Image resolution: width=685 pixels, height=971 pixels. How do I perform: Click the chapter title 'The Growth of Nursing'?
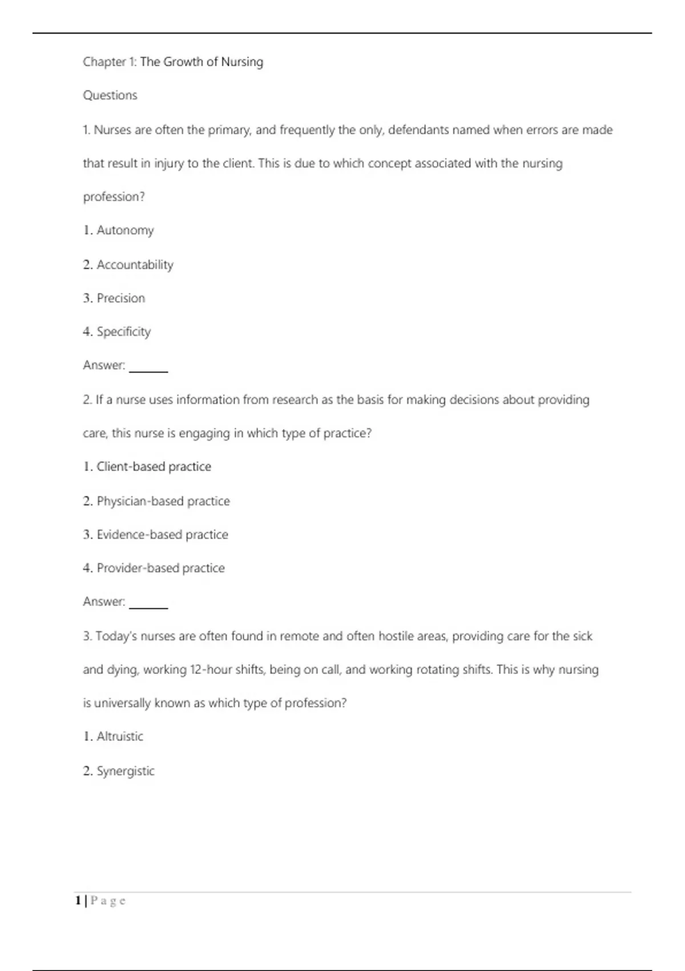pos(202,62)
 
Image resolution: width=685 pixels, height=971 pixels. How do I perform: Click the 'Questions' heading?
pos(110,95)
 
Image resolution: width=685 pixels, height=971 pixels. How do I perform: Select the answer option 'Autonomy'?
pos(125,230)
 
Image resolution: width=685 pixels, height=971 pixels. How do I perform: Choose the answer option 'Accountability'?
pos(135,264)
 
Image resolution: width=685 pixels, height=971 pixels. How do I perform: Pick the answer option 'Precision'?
pos(120,298)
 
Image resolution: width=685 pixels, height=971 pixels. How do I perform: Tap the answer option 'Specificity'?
pos(123,332)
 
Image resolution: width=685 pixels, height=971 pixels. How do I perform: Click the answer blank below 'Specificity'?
pos(148,368)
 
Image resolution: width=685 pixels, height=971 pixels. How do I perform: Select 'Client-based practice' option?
pos(154,467)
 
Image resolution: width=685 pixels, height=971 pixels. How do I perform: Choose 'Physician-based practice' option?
pos(163,501)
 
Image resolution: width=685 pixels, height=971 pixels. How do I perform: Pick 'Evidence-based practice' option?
pos(162,535)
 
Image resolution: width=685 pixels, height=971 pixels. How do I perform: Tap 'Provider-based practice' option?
pos(160,568)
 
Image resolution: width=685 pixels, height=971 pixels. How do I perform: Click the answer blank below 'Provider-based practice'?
pos(148,605)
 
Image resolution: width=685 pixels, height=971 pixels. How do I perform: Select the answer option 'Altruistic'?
pos(120,736)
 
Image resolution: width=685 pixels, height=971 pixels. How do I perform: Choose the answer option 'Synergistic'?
pos(126,771)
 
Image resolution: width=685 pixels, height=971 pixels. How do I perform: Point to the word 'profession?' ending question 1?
pos(114,197)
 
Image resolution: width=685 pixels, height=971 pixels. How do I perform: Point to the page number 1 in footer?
pos(78,901)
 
